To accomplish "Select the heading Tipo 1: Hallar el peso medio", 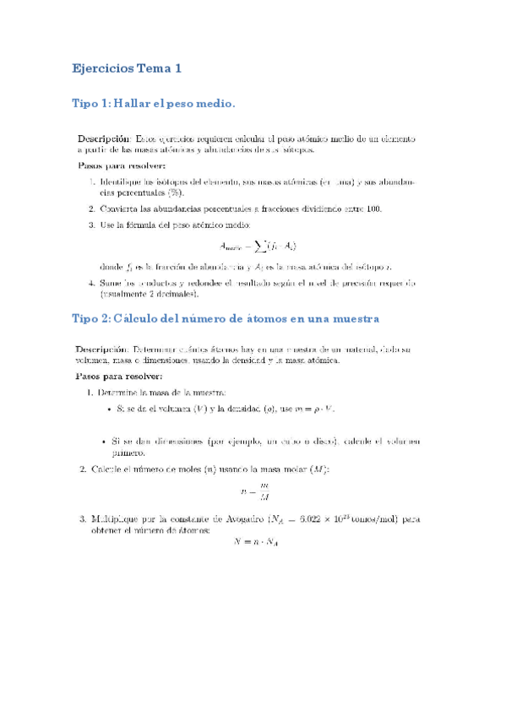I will (x=152, y=104).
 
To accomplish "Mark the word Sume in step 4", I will (x=111, y=283).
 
